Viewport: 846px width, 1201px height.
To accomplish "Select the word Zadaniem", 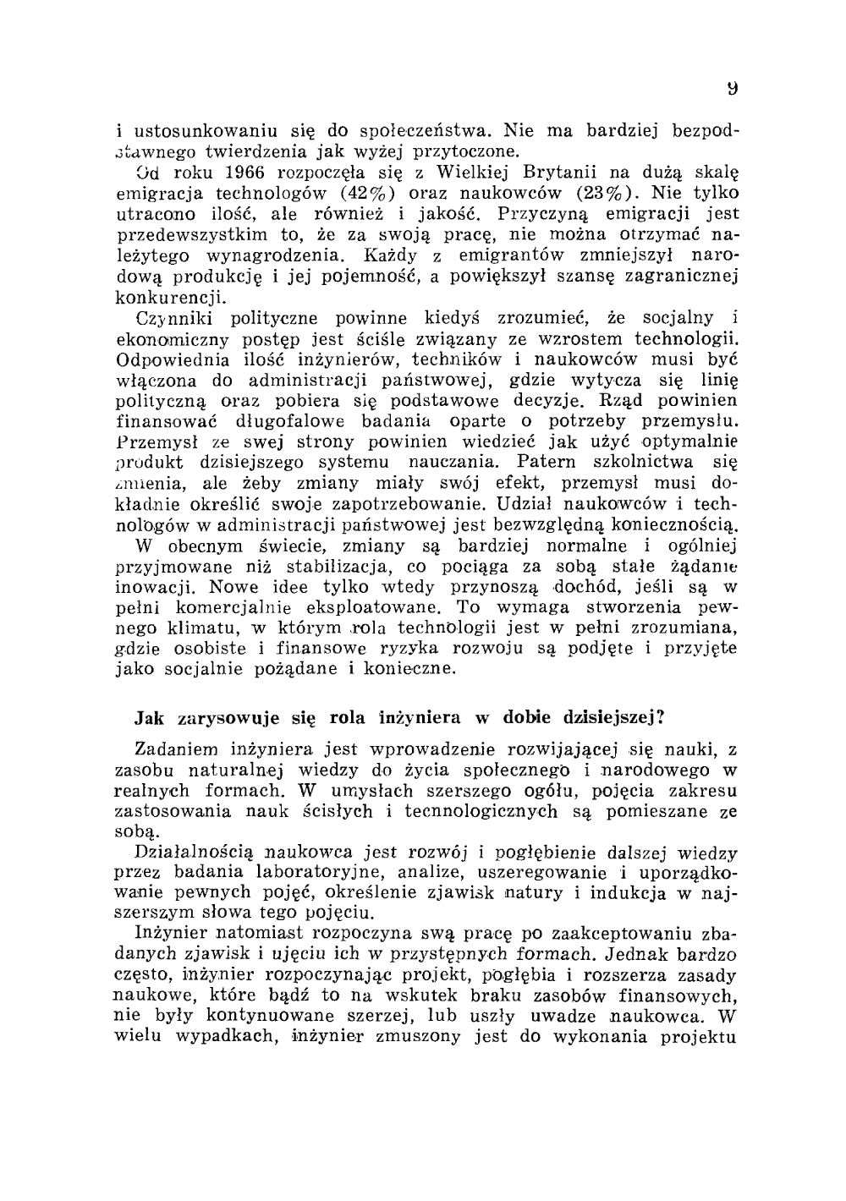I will point(176,749).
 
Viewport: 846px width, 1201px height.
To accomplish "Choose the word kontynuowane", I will point(256,1017).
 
